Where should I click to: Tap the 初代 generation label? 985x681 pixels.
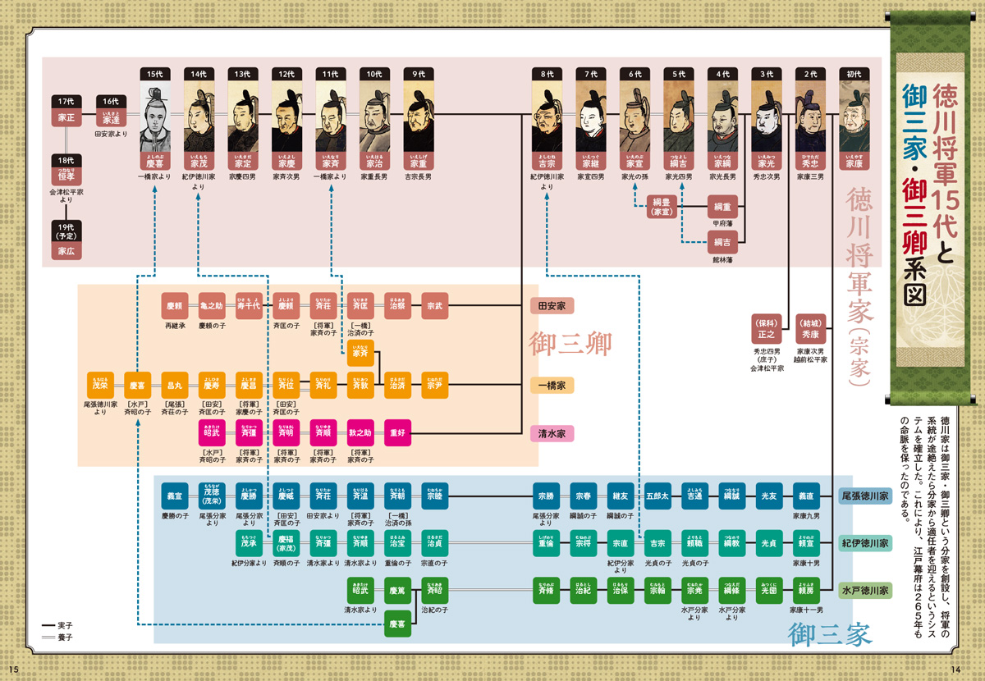[x=854, y=73]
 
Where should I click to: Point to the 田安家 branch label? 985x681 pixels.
[x=552, y=306]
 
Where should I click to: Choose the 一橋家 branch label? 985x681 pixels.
[x=552, y=385]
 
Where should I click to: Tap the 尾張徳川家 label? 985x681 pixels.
[x=865, y=496]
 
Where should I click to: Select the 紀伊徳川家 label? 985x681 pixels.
[x=865, y=543]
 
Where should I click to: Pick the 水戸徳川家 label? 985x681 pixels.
[x=865, y=590]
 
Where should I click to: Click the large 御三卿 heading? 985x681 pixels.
[x=570, y=342]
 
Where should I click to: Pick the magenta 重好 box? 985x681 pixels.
[x=398, y=432]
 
